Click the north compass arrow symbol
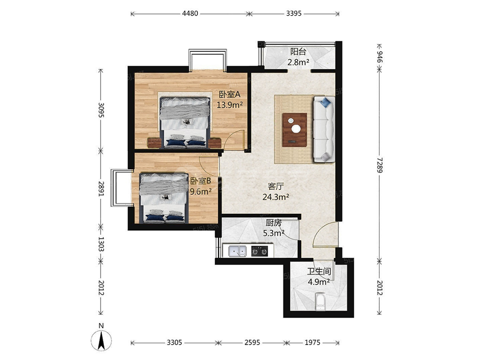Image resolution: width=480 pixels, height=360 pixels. (101, 339)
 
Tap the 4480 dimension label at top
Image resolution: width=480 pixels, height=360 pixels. (190, 13)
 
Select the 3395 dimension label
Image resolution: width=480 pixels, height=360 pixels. (294, 13)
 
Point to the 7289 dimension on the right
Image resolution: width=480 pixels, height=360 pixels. (380, 165)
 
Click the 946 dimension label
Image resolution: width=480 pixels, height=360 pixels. (380, 57)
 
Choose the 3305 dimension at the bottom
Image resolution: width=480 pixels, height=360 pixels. (175, 342)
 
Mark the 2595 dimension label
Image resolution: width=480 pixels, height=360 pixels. (252, 342)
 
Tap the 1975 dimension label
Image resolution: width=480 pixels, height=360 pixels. (312, 342)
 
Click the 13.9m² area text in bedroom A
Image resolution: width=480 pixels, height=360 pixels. (230, 105)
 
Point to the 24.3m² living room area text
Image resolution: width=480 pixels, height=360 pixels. (276, 197)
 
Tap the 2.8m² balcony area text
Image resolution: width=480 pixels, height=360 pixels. (298, 62)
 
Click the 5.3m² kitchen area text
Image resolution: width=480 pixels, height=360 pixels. (274, 233)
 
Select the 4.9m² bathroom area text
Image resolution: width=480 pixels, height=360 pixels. (319, 282)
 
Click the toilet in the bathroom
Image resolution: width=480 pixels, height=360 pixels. (320, 302)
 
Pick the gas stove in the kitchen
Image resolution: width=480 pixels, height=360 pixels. (260, 251)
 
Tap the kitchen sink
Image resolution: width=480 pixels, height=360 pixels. (238, 251)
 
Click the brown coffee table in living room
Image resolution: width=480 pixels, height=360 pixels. (295, 130)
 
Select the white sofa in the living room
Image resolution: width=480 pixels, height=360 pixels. (324, 129)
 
